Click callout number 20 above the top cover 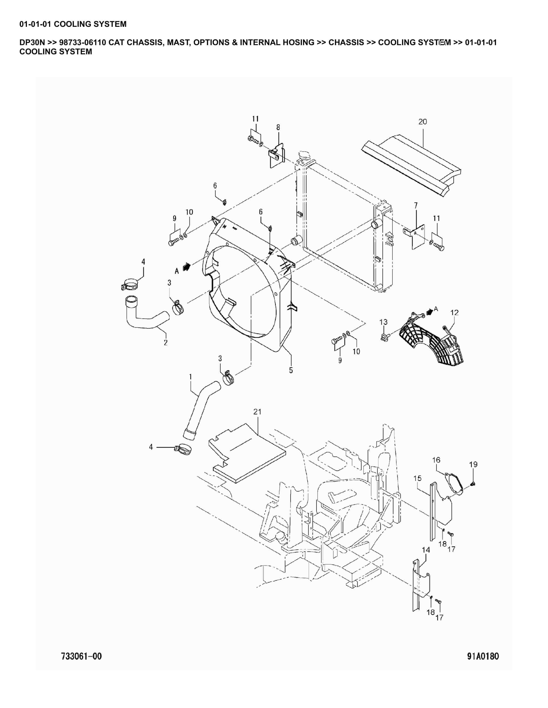point(422,122)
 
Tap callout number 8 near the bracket point(278,127)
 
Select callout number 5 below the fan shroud point(291,370)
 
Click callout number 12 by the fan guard point(454,312)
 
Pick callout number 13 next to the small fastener point(383,322)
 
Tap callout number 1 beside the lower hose point(191,377)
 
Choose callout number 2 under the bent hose point(166,343)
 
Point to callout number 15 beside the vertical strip point(417,478)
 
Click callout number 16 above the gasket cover point(436,460)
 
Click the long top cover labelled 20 point(412,165)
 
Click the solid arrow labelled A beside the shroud point(186,266)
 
